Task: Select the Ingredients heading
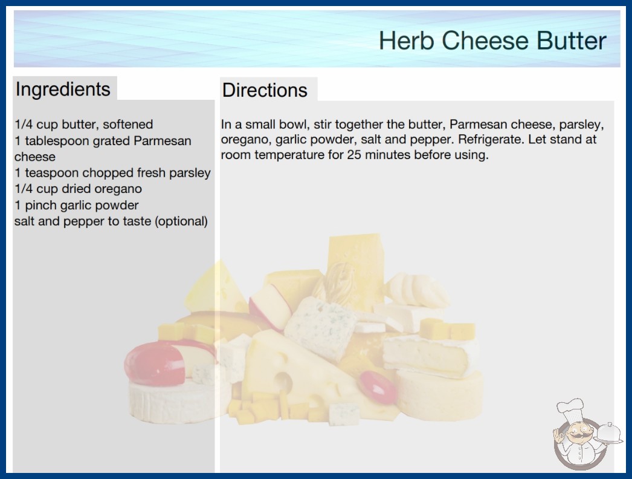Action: pyautogui.click(x=62, y=89)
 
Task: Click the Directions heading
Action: pyautogui.click(x=265, y=90)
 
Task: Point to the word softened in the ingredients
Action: pyautogui.click(x=127, y=125)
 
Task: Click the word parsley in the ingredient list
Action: pyautogui.click(x=190, y=173)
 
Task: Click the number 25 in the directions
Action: pyautogui.click(x=354, y=155)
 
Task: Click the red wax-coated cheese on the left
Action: pyautogui.click(x=155, y=363)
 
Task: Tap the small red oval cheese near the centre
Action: pyautogui.click(x=378, y=386)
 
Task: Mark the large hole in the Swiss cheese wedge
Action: pyautogui.click(x=284, y=382)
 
